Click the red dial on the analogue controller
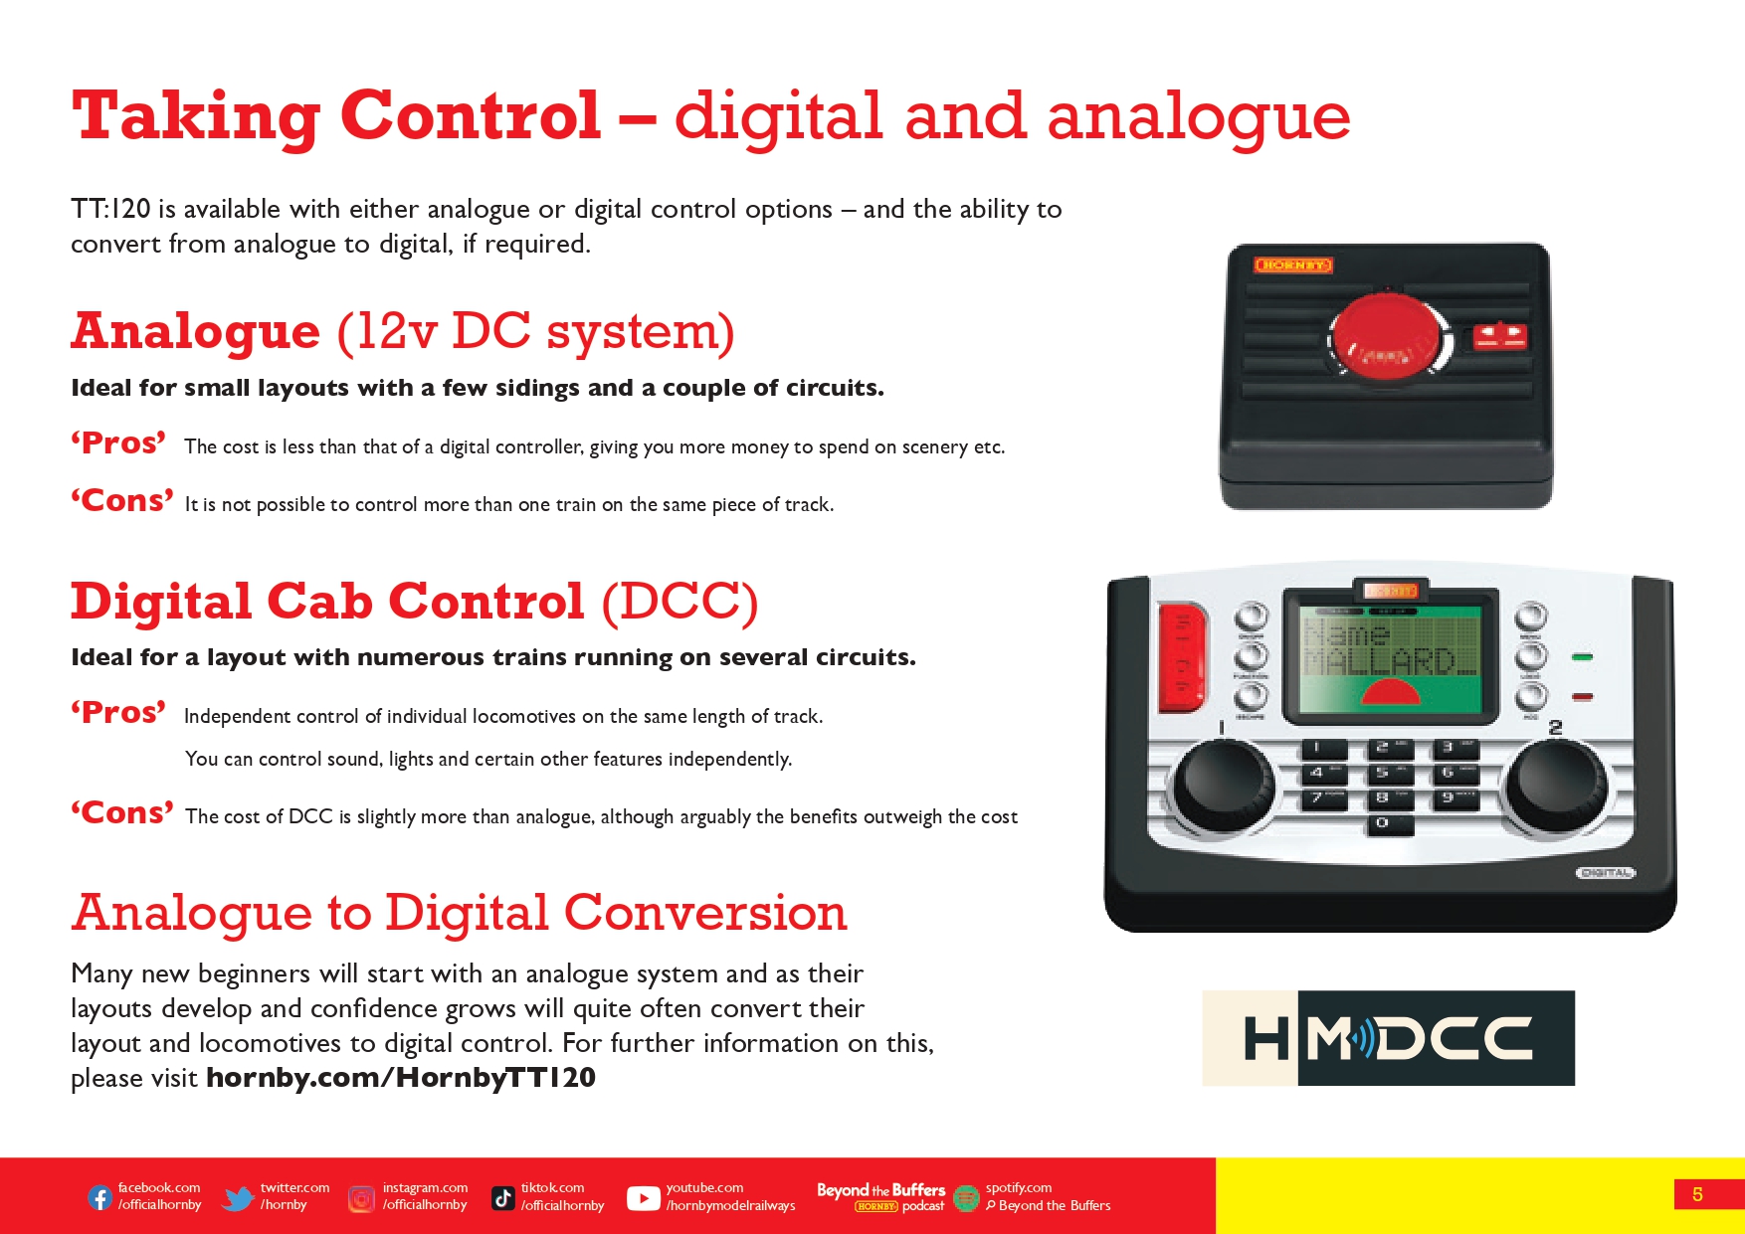coord(1386,334)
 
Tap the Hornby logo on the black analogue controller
coord(1292,264)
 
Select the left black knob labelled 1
coord(1223,787)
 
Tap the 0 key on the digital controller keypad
coord(1383,824)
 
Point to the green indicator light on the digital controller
coord(1582,657)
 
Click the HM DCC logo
coord(1388,1038)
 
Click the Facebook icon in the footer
coord(99,1197)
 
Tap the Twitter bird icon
coord(238,1198)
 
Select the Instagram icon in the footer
coord(361,1199)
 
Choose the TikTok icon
coord(503,1198)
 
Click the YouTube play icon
coord(644,1199)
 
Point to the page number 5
coord(1697,1194)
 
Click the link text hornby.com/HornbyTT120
coord(401,1078)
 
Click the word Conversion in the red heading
coord(705,913)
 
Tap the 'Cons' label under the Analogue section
coord(122,500)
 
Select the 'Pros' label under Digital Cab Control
coord(118,713)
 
